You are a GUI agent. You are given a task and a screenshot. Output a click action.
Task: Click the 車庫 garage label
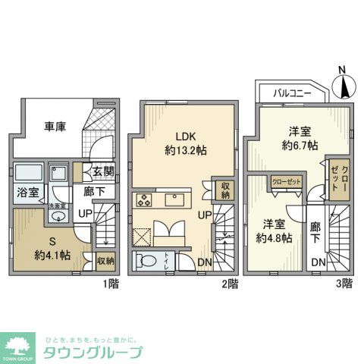coord(52,126)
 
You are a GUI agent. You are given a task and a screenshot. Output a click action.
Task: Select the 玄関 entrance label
coord(103,172)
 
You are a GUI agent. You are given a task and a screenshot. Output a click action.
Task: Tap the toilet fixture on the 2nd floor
coord(149,262)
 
